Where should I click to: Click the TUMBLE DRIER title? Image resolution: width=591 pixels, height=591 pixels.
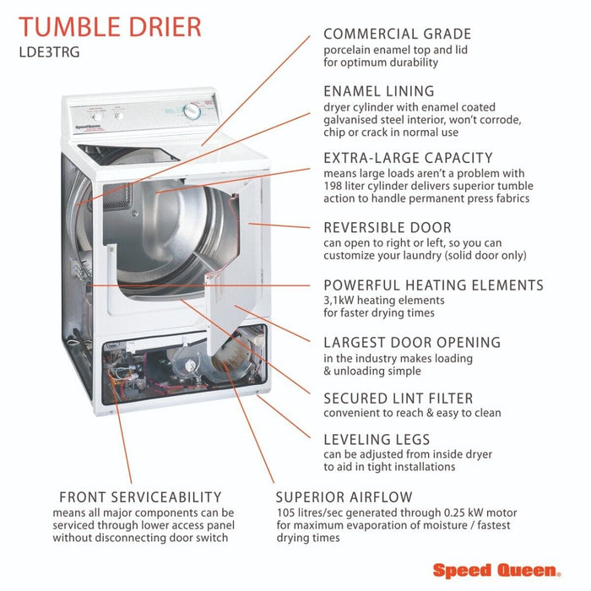click(110, 27)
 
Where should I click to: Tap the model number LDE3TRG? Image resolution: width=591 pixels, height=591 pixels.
click(49, 52)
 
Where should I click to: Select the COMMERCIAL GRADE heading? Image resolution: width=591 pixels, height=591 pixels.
click(398, 34)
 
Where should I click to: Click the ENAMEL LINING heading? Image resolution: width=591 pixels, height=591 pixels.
click(379, 91)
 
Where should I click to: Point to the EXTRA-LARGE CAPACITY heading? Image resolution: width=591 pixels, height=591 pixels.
click(408, 158)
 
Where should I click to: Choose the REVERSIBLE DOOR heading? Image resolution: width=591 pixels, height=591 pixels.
click(388, 228)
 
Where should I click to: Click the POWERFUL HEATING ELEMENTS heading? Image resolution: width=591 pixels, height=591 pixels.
click(433, 285)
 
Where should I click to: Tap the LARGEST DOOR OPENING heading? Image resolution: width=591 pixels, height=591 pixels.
click(412, 342)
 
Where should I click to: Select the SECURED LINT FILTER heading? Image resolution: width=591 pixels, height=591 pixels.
click(398, 399)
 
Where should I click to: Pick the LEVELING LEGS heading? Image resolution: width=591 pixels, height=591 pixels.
click(377, 440)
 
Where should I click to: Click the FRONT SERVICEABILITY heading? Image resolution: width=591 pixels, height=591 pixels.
click(140, 497)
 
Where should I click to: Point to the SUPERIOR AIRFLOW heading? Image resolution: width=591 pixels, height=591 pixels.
click(344, 497)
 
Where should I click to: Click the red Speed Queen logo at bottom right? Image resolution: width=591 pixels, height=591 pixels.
click(496, 570)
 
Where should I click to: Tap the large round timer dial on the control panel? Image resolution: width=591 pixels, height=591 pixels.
click(192, 111)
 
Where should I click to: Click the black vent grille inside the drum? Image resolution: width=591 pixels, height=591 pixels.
click(117, 196)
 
